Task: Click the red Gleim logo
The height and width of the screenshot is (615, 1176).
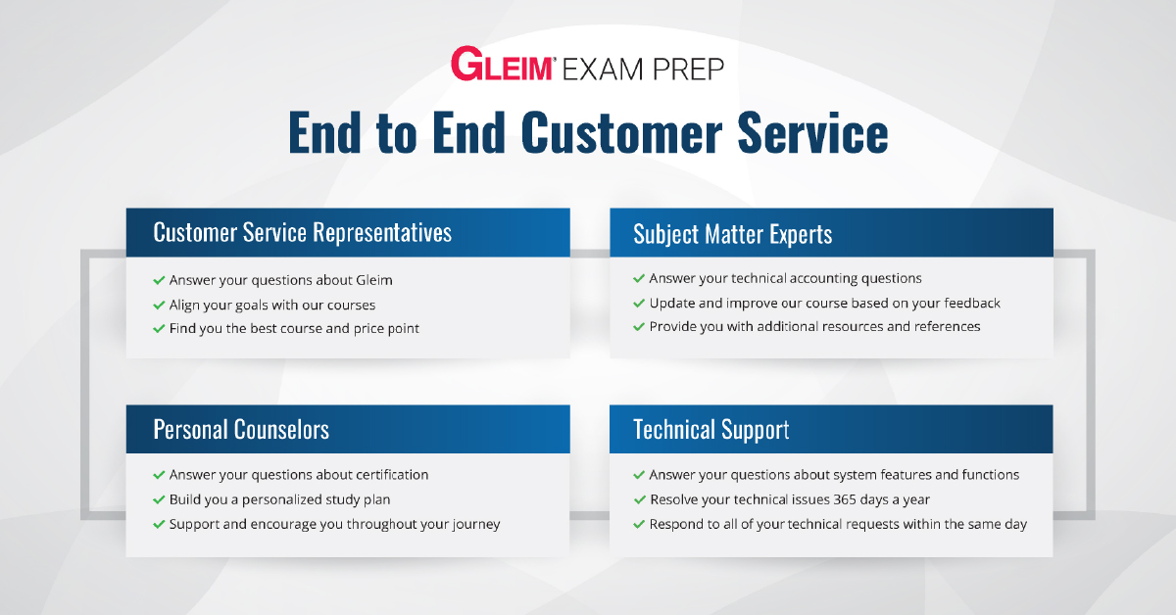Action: (x=502, y=64)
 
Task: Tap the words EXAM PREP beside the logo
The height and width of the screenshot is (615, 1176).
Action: (x=643, y=70)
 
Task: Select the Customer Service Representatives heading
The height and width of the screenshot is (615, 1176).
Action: (x=303, y=232)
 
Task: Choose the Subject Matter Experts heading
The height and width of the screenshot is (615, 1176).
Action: (x=732, y=234)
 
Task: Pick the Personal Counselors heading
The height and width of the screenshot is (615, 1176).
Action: (x=241, y=429)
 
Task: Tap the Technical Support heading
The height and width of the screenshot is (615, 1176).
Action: (x=710, y=430)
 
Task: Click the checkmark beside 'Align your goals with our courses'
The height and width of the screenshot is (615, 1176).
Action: (x=159, y=305)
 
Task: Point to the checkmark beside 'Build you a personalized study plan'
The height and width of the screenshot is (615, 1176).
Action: (x=159, y=499)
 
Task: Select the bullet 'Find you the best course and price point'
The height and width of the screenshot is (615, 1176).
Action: (x=294, y=328)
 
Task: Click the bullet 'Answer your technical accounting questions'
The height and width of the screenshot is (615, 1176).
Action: (x=785, y=278)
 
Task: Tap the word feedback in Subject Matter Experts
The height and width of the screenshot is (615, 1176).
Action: (x=972, y=303)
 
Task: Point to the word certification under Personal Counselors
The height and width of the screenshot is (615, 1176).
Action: (x=392, y=474)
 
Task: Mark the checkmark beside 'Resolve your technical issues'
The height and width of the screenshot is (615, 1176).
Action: (x=639, y=499)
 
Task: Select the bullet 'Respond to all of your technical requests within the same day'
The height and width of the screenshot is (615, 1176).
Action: (x=838, y=524)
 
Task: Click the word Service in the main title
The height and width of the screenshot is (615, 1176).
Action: (x=812, y=133)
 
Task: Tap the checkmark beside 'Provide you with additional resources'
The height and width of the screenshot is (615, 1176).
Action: (x=639, y=327)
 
